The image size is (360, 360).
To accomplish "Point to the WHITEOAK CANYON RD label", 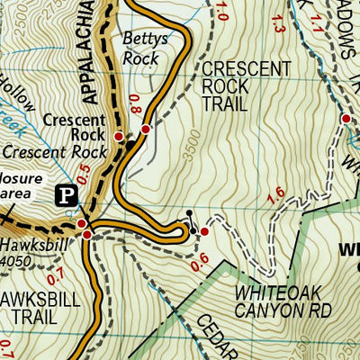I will (283, 301).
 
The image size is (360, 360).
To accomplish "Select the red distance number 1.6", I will (275, 192).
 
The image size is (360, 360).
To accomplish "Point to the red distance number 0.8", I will (135, 104).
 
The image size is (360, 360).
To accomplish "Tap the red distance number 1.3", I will (276, 27).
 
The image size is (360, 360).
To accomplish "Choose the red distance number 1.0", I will (222, 11).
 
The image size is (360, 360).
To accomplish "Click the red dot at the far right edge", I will (345, 119).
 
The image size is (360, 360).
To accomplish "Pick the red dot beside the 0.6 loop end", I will (204, 232).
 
